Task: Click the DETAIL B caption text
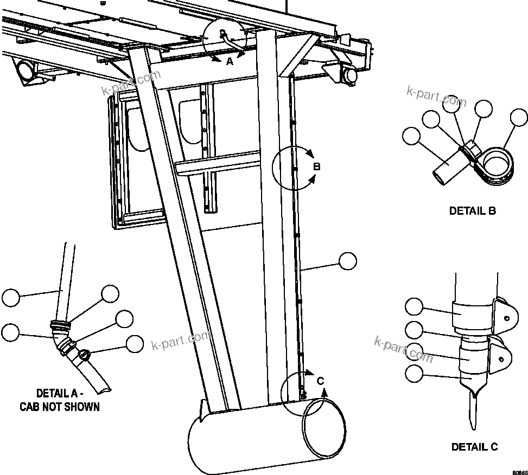[472, 211]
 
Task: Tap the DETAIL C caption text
[474, 447]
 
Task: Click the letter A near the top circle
[230, 62]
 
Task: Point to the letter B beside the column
[317, 166]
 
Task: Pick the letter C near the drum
[320, 381]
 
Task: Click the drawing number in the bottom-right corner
[518, 471]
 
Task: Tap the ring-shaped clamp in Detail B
[498, 165]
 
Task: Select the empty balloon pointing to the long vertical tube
[347, 261]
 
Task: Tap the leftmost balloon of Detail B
[411, 136]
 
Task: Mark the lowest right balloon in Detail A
[134, 344]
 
